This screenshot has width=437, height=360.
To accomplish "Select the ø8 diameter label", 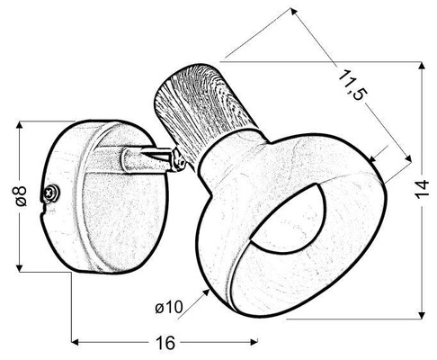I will pyautogui.click(x=24, y=195).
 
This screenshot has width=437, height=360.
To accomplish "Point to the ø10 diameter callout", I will pyautogui.click(x=170, y=308).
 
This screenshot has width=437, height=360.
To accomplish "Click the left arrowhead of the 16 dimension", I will pyautogui.click(x=76, y=343).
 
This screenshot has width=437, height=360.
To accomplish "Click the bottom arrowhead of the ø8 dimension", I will pyautogui.click(x=18, y=267).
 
